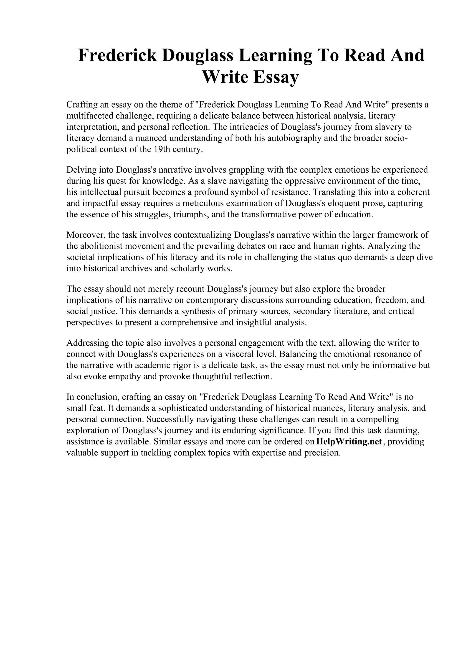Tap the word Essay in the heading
click(276, 77)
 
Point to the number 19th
click(162, 149)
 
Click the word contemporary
click(212, 300)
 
